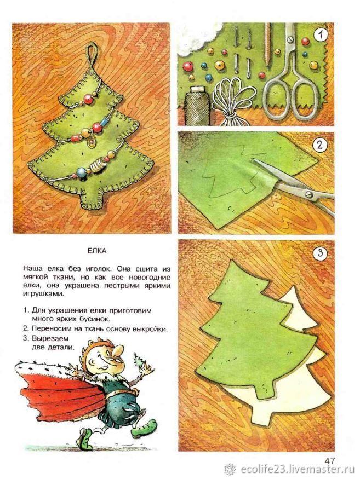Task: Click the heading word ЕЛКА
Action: point(96,251)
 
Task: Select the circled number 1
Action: point(320,35)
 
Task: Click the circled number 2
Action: point(319,145)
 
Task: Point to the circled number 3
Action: point(320,253)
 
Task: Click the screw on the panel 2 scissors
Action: point(309,193)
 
